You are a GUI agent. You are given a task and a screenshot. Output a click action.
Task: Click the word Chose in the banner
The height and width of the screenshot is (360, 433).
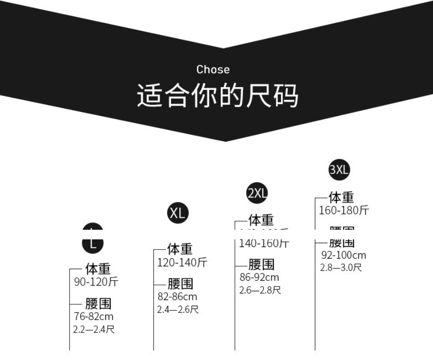[x=213, y=70]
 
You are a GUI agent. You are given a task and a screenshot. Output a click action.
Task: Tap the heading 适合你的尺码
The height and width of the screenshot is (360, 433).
[x=217, y=95]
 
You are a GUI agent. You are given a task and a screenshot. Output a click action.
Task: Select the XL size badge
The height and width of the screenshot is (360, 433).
[x=177, y=213]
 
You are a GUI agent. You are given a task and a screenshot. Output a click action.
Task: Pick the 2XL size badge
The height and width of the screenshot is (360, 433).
[x=257, y=193]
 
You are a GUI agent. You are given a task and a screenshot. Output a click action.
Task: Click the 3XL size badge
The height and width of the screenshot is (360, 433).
[x=339, y=170]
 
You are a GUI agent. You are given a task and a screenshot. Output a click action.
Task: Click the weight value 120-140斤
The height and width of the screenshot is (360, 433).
[x=182, y=263]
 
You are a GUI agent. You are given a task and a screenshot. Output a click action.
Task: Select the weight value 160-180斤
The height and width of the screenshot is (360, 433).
[x=344, y=211]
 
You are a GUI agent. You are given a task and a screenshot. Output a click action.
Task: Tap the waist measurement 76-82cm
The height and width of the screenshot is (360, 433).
[x=94, y=317]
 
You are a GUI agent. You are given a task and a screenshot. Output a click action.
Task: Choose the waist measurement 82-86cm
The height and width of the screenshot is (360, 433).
[x=177, y=297]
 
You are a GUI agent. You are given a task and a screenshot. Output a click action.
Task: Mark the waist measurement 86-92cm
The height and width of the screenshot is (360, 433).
[x=260, y=277]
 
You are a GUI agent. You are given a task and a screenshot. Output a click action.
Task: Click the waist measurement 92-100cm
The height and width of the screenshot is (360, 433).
[x=344, y=255]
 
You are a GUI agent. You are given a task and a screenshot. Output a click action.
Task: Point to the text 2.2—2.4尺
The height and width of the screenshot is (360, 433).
[x=94, y=330]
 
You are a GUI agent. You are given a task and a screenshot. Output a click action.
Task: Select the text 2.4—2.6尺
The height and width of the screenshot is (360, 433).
[x=178, y=310]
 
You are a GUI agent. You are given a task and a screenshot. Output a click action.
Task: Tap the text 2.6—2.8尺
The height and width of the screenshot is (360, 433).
[x=260, y=290]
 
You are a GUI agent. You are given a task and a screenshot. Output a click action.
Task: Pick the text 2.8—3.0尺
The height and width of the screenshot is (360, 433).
[x=341, y=268]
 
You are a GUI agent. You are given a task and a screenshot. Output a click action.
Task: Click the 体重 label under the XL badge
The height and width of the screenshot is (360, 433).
[x=180, y=249]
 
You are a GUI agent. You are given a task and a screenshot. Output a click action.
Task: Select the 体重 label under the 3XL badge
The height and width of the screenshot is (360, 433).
[x=341, y=197]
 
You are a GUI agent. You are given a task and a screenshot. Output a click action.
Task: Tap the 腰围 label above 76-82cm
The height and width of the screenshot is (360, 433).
[x=99, y=304]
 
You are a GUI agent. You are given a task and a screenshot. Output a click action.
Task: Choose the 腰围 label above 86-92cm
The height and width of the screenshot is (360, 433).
[x=261, y=264]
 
